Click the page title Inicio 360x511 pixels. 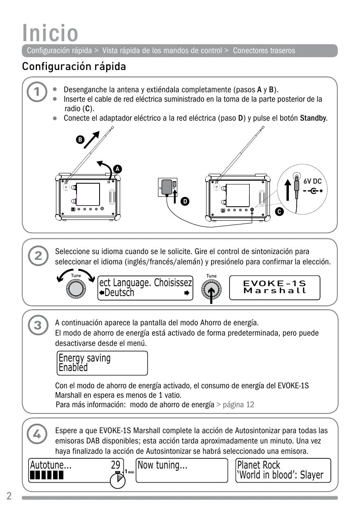pyautogui.click(x=50, y=33)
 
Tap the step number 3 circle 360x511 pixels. pyautogui.click(x=37, y=325)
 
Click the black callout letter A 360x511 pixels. pyautogui.click(x=117, y=169)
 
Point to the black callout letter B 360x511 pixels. pyautogui.click(x=81, y=140)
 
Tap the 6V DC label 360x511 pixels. pyautogui.click(x=312, y=181)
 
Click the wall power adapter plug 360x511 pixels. pyautogui.click(x=167, y=187)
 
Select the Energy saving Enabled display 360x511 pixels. pyautogui.click(x=102, y=363)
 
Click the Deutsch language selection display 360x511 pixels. pyautogui.click(x=145, y=288)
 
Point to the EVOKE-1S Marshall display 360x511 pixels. pyautogui.click(x=275, y=287)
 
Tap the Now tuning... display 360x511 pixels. pyautogui.click(x=181, y=470)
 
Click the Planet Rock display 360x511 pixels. pyautogui.click(x=283, y=470)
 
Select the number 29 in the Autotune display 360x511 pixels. pyautogui.click(x=116, y=465)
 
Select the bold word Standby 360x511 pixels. pyautogui.click(x=314, y=118)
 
